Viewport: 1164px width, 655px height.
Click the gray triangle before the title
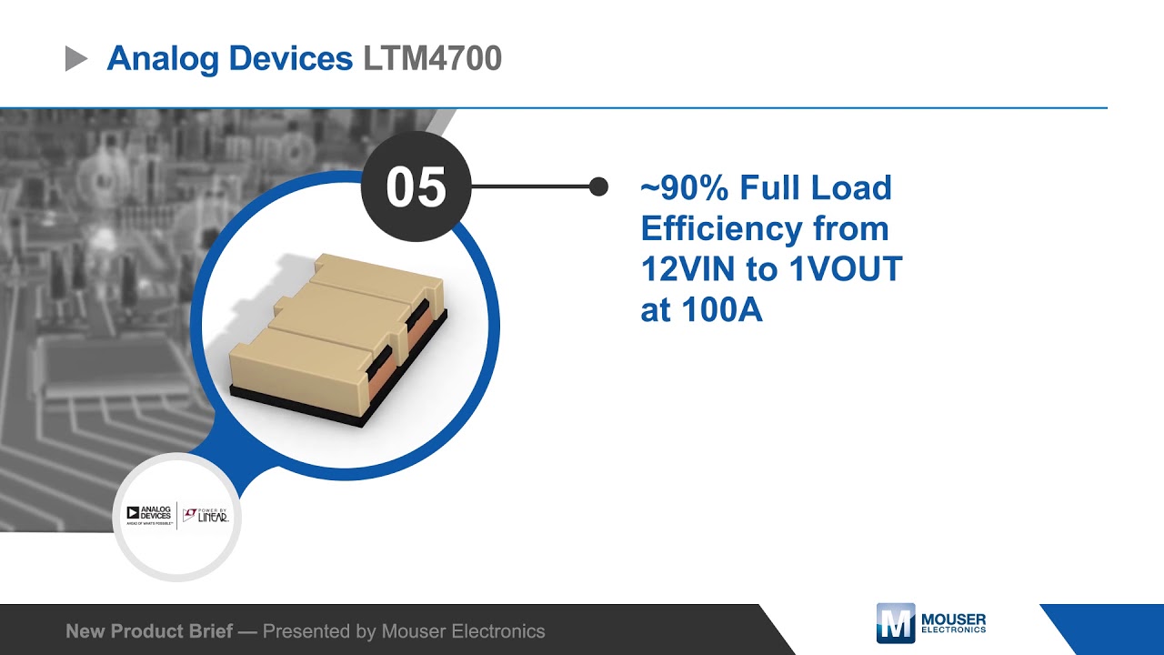[x=76, y=60]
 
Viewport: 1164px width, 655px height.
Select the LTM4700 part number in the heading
[x=432, y=59]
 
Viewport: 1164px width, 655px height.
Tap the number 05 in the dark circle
[x=416, y=187]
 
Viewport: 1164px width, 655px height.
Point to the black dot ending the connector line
[x=598, y=186]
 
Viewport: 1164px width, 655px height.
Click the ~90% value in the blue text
[x=684, y=188]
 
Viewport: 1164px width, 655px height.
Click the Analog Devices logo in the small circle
[x=148, y=515]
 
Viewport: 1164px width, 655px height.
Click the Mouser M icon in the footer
[x=895, y=623]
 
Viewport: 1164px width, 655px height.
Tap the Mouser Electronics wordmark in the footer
[x=953, y=623]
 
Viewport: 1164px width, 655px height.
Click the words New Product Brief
[x=149, y=631]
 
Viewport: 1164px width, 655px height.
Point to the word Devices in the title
[x=291, y=59]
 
